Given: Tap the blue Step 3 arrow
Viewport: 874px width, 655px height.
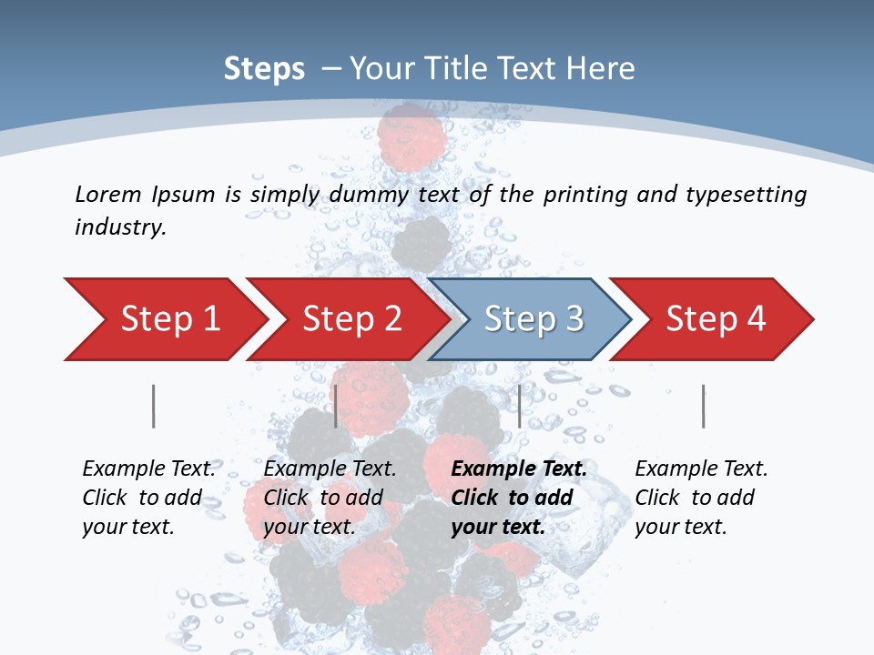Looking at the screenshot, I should pos(534,319).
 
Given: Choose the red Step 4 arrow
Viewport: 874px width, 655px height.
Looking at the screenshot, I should pos(716,319).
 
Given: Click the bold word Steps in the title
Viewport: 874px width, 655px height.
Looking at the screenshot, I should pos(264,69).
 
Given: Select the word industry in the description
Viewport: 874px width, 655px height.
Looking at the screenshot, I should pos(120,227).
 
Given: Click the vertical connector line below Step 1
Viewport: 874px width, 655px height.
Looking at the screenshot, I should pos(153,406).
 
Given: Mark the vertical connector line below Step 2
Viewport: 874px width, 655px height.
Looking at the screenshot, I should pos(336,406).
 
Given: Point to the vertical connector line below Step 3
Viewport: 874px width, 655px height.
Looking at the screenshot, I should pos(519,406).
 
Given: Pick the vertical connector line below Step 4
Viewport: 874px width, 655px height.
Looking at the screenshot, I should pos(703,406).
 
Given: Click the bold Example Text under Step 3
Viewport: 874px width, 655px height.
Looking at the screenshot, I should pos(519,469).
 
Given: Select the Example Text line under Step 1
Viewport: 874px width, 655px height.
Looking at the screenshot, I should pos(148,469).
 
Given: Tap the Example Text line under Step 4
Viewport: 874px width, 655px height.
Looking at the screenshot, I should pos(701,469).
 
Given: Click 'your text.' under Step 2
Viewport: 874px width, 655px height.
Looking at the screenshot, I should pos(309,527).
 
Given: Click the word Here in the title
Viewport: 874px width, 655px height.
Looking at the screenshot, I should pos(601,69).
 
